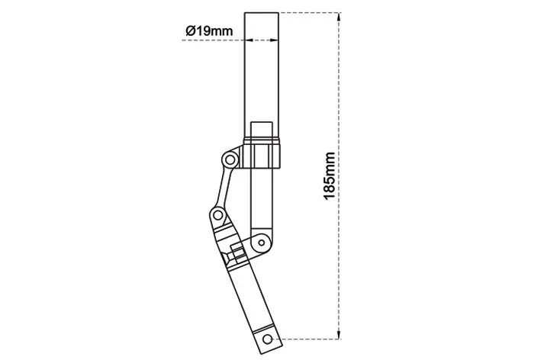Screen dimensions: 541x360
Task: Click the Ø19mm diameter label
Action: click(x=209, y=31)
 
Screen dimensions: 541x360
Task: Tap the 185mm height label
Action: click(x=330, y=176)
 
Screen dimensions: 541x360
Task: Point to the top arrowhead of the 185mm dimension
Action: click(x=339, y=18)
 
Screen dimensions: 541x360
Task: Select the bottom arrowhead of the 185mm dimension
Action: click(x=339, y=335)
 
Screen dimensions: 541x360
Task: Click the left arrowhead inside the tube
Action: click(x=249, y=40)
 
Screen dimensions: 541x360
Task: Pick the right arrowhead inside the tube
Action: click(x=274, y=40)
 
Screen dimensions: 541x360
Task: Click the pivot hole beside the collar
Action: click(x=230, y=160)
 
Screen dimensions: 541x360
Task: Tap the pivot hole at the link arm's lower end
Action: click(x=217, y=216)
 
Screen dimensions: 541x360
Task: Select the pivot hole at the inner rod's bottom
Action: click(x=261, y=243)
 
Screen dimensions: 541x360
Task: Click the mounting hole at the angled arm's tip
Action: click(x=267, y=339)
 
